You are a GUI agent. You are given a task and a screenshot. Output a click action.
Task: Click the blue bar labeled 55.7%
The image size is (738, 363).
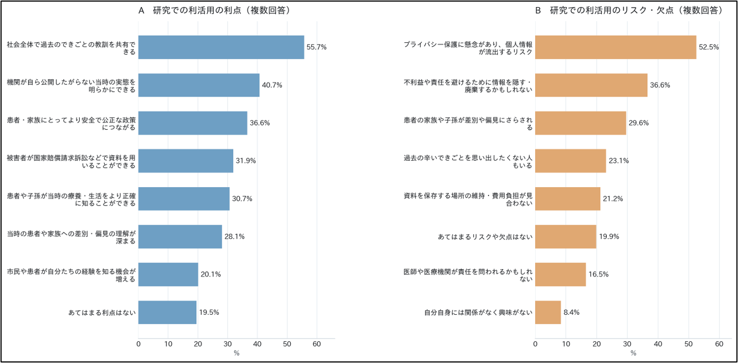(221, 47)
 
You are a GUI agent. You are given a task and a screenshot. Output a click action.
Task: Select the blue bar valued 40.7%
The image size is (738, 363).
(198, 85)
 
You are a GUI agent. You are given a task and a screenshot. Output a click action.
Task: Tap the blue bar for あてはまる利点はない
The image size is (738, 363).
(168, 312)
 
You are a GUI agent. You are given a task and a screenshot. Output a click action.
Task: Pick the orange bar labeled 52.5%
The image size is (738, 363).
(616, 47)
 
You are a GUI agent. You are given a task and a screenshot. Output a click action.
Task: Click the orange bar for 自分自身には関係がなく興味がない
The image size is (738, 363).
(548, 312)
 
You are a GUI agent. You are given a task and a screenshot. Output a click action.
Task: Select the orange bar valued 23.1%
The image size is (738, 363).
(570, 161)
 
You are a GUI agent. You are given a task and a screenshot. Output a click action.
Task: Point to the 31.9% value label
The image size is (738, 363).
(246, 161)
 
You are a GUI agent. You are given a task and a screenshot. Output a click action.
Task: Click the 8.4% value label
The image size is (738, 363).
(572, 312)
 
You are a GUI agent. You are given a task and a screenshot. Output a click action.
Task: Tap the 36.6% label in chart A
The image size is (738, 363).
(260, 123)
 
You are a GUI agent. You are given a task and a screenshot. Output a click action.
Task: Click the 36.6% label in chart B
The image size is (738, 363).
(660, 85)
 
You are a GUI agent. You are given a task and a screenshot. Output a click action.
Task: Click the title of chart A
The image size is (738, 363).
(214, 10)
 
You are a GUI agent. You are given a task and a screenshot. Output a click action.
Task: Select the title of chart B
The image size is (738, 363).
(629, 10)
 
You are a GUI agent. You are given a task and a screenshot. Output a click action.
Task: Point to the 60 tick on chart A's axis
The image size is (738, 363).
(317, 344)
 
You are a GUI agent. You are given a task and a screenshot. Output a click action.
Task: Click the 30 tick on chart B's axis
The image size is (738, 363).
(627, 344)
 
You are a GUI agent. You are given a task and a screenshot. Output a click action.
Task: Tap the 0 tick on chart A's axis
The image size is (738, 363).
(138, 344)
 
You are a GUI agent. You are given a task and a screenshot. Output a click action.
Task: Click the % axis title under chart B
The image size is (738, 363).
(633, 353)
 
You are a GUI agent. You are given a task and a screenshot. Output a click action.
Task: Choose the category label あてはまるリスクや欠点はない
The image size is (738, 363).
(485, 237)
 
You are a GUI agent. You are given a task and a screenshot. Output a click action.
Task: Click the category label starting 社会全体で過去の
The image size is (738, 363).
(71, 48)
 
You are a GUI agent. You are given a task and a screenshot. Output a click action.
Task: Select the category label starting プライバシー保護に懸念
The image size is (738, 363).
(468, 48)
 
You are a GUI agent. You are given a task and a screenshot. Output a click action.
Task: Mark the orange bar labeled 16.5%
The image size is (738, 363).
(561, 275)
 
